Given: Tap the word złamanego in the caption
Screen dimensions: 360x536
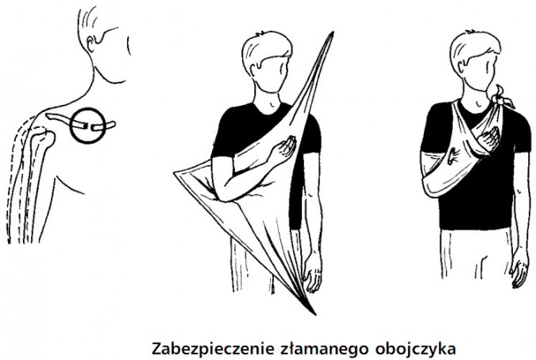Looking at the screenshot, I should pyautogui.click(x=306, y=346).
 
